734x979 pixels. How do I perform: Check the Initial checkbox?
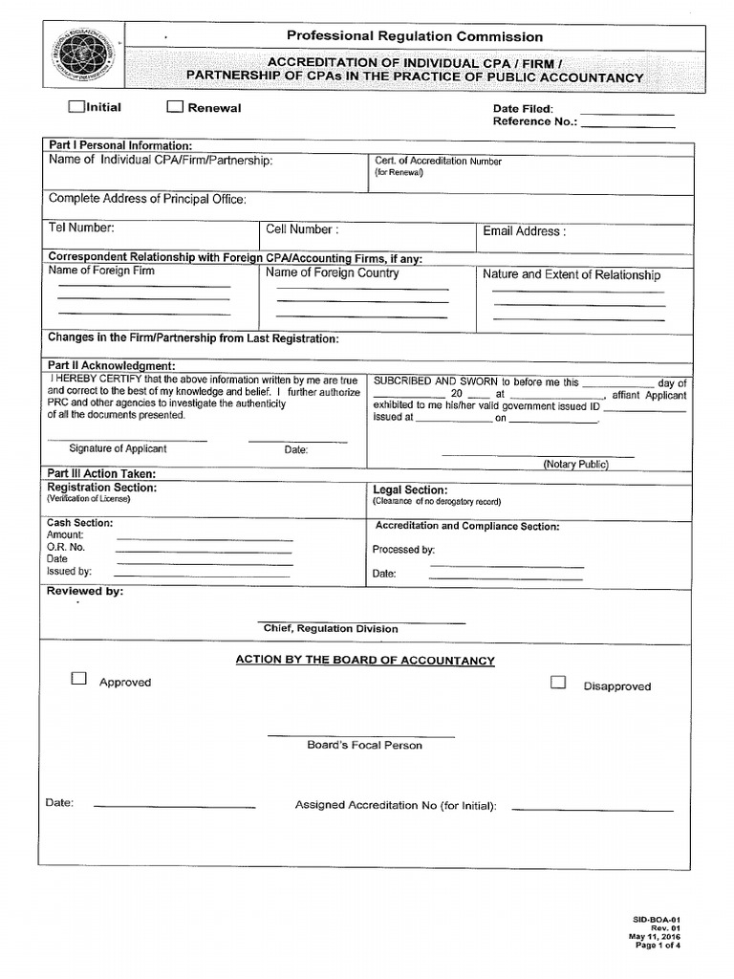pos(76,107)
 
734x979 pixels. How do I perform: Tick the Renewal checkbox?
pos(175,107)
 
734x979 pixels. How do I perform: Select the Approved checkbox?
pos(78,680)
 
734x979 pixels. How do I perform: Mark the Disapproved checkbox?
pos(558,683)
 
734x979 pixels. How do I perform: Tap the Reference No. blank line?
pos(628,124)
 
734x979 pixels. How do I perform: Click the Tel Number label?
pos(81,228)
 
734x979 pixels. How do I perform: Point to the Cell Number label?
pos(302,229)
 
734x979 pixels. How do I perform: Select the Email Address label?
pos(524,230)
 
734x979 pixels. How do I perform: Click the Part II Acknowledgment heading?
pos(111,366)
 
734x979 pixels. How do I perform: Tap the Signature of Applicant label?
pos(118,448)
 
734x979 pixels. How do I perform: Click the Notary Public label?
pos(575,464)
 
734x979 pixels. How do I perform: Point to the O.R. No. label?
pos(66,547)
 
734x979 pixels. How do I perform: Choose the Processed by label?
pos(403,550)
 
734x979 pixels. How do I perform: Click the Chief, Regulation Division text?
pos(331,628)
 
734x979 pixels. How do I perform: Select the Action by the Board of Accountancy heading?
pos(365,661)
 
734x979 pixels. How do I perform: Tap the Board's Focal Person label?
pos(364,745)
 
